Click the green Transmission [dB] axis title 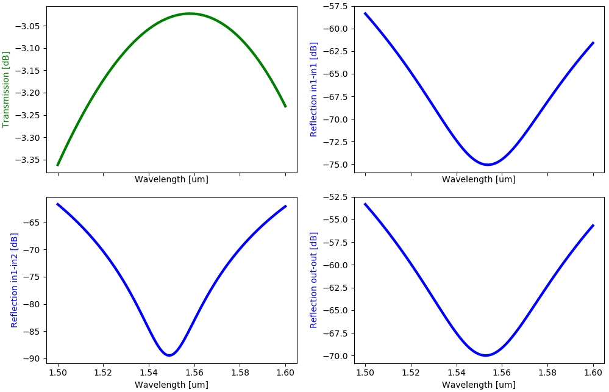click(x=6, y=89)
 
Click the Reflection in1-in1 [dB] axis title click(x=313, y=89)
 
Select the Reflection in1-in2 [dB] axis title click(x=15, y=280)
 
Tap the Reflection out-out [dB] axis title click(x=313, y=280)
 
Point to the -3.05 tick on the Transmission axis click(x=30, y=26)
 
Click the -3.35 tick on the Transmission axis click(x=30, y=160)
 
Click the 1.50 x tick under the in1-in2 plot click(x=58, y=372)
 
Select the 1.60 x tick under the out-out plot click(x=593, y=372)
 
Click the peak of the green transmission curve click(x=190, y=13)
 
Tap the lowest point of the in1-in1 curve click(x=488, y=165)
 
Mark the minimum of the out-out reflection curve click(x=485, y=355)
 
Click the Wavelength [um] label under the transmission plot click(x=171, y=180)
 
